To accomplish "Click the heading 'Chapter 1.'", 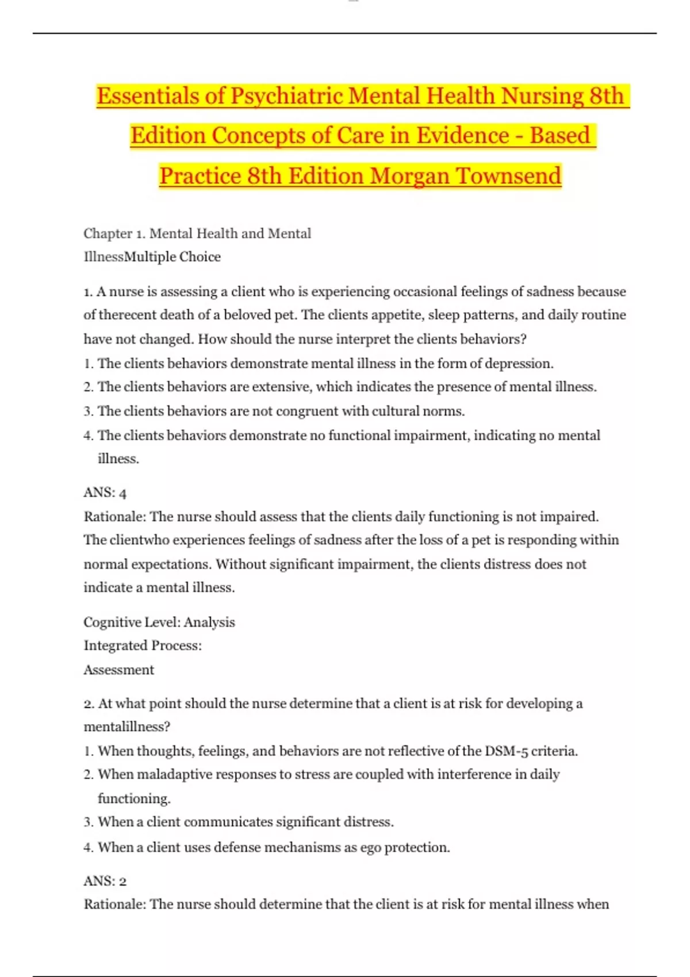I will click(x=114, y=233).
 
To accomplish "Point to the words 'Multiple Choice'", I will click(x=172, y=257).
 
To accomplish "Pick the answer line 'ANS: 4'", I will click(x=105, y=493).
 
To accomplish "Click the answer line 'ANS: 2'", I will click(x=105, y=881).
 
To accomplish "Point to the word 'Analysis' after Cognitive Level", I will click(x=209, y=622).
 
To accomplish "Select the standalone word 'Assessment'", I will click(x=119, y=670).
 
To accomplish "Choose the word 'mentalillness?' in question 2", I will click(x=127, y=727).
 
